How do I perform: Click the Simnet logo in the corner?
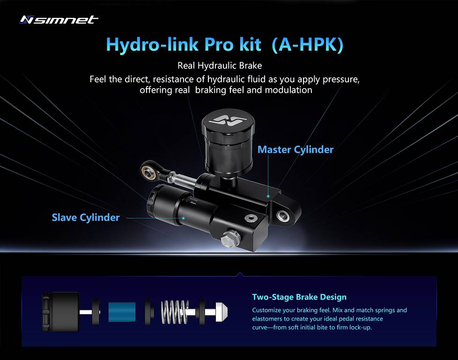(x=59, y=20)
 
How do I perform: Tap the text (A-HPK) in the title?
(x=307, y=45)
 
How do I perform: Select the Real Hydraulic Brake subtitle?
(x=220, y=65)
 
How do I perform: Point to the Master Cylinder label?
(x=295, y=150)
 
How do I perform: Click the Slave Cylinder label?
(x=86, y=217)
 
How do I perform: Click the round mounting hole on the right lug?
(x=283, y=216)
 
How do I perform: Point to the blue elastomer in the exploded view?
(x=122, y=312)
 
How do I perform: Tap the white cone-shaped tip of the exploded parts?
(x=222, y=312)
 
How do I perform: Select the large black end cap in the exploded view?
(x=61, y=312)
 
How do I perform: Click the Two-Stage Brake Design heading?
(x=299, y=297)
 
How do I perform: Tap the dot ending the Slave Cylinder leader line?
(x=184, y=218)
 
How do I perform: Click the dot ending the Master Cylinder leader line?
(x=268, y=196)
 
